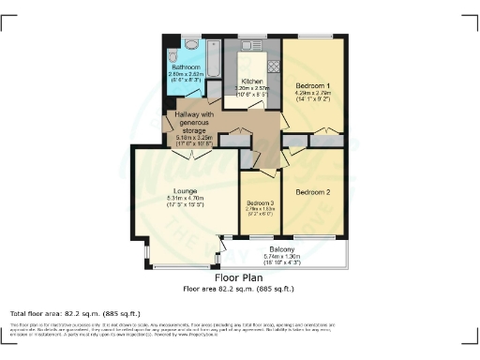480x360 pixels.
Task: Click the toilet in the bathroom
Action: [190, 44]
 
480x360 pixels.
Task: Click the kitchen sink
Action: [251, 44]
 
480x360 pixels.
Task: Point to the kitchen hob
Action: [273, 67]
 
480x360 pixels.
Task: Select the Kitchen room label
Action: [250, 82]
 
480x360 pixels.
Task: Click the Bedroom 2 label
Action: [315, 191]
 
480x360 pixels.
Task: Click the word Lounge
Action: [184, 191]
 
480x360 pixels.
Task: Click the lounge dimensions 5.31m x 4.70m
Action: [184, 199]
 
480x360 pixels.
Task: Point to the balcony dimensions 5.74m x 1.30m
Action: [282, 256]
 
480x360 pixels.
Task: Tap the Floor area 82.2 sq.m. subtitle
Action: [239, 289]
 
